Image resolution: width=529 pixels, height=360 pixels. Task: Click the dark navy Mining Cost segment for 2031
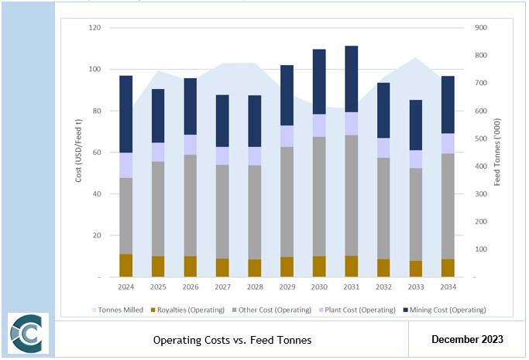351,79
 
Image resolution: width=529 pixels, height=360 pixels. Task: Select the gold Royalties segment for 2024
126,265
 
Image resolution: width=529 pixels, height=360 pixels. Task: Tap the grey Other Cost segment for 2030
319,197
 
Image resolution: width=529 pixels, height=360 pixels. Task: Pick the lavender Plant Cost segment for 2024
126,165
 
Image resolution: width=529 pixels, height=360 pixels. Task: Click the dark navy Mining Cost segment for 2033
416,125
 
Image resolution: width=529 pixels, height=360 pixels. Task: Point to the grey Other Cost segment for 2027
222,211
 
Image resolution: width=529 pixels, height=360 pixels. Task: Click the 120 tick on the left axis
96,28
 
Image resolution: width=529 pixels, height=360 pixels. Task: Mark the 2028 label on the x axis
255,287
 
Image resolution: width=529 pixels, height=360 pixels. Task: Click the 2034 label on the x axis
448,287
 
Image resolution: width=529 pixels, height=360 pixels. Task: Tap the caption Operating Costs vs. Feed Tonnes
232,340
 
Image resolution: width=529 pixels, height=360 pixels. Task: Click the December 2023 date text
467,339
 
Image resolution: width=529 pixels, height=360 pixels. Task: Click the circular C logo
28,334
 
